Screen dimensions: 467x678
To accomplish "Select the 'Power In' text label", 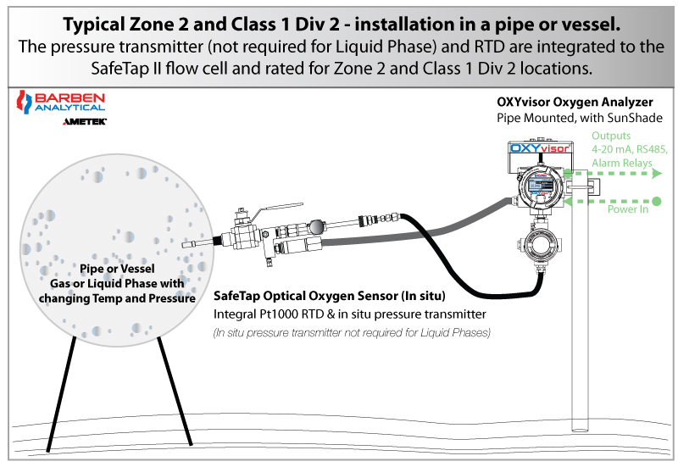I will tap(627, 209).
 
